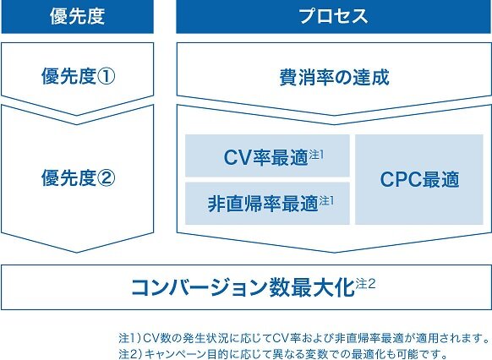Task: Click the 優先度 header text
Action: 77,16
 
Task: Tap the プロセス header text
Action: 334,16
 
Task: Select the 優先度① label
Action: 78,76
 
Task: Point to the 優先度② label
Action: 78,177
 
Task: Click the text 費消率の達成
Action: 334,77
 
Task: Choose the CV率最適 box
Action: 267,155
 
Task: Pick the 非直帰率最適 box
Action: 267,204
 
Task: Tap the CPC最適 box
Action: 419,180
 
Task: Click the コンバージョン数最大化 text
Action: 243,287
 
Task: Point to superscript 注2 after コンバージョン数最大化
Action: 365,284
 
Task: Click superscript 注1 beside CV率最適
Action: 316,155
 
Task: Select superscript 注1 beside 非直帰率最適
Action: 326,200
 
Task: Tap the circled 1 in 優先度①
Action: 106,76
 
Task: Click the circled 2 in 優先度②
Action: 106,178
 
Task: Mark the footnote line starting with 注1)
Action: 304,338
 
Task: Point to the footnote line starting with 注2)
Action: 283,354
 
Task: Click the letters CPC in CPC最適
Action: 401,180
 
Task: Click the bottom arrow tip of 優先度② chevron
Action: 77,253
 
